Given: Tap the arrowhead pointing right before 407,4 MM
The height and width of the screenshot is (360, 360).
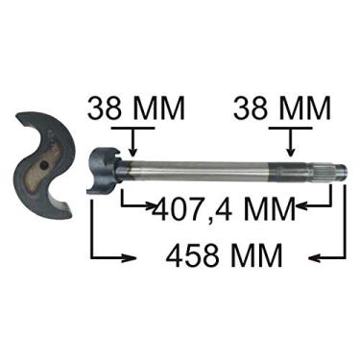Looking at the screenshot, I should tap(149, 204).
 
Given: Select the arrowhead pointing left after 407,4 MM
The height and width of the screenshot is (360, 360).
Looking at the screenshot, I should tap(301, 204).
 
